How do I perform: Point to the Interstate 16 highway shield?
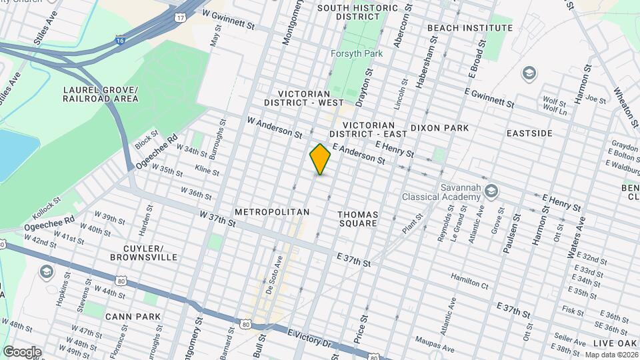[120, 41]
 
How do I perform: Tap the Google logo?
[21, 352]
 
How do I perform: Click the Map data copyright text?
[611, 355]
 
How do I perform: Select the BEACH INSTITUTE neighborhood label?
[470, 28]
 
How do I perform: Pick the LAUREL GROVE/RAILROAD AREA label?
[101, 94]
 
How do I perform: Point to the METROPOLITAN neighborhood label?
[272, 212]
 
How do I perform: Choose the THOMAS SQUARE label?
[358, 219]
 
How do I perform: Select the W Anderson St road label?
[275, 128]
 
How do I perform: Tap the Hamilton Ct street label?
[469, 281]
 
